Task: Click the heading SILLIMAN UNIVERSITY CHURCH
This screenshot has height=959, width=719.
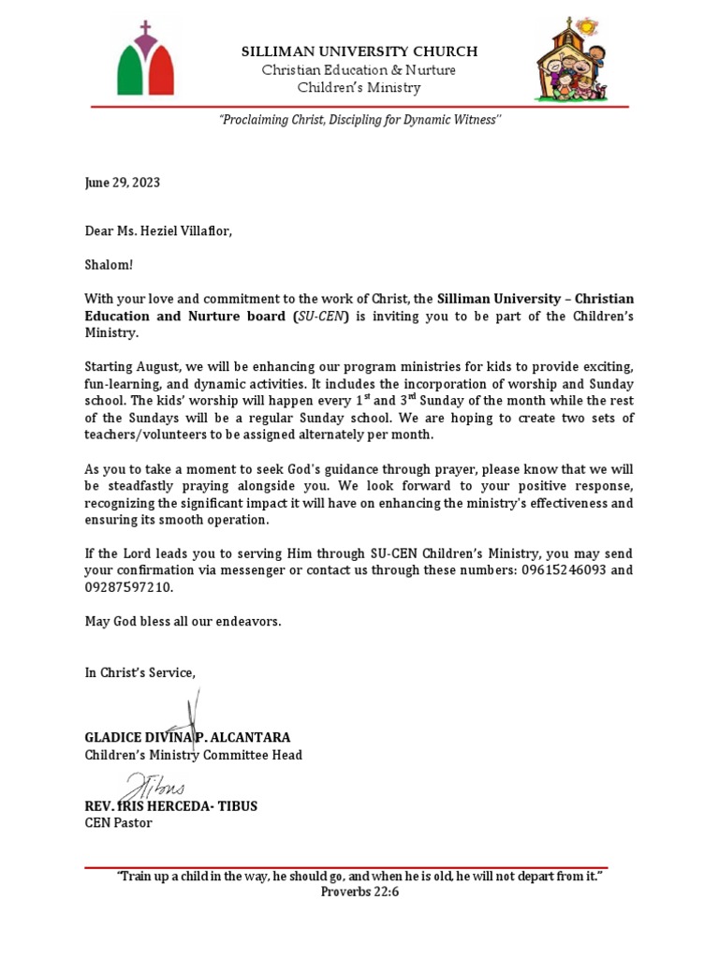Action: coord(359,52)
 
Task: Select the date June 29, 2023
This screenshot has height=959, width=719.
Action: coord(123,183)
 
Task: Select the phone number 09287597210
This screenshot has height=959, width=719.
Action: coord(128,587)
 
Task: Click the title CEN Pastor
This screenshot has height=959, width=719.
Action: coord(118,823)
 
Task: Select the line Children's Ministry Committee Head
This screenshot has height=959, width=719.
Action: coord(194,755)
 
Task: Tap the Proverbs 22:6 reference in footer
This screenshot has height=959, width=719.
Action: coord(359,892)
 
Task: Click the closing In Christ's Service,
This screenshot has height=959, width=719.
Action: coord(140,672)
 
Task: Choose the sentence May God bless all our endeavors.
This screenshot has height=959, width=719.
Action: coord(183,622)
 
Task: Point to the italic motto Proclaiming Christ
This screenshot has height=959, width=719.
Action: coord(359,122)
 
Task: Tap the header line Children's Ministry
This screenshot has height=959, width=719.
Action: coord(359,88)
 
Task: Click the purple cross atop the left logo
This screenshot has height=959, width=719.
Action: coord(145,32)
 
